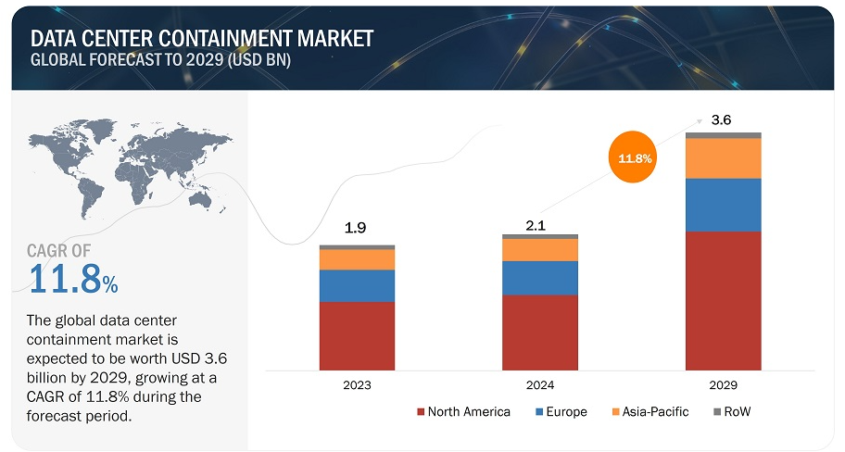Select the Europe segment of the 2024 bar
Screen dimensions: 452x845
point(540,278)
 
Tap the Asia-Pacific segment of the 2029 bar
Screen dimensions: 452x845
point(724,158)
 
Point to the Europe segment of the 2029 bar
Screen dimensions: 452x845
point(724,205)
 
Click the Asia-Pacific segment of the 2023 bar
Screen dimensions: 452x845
point(357,259)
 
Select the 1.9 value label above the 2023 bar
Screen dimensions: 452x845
point(354,228)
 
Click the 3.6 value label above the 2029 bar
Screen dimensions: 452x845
point(721,120)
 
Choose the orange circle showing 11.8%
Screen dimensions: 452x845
point(635,158)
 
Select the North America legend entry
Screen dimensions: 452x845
point(462,411)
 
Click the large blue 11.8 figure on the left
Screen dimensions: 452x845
point(68,279)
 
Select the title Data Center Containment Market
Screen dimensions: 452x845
point(202,38)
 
